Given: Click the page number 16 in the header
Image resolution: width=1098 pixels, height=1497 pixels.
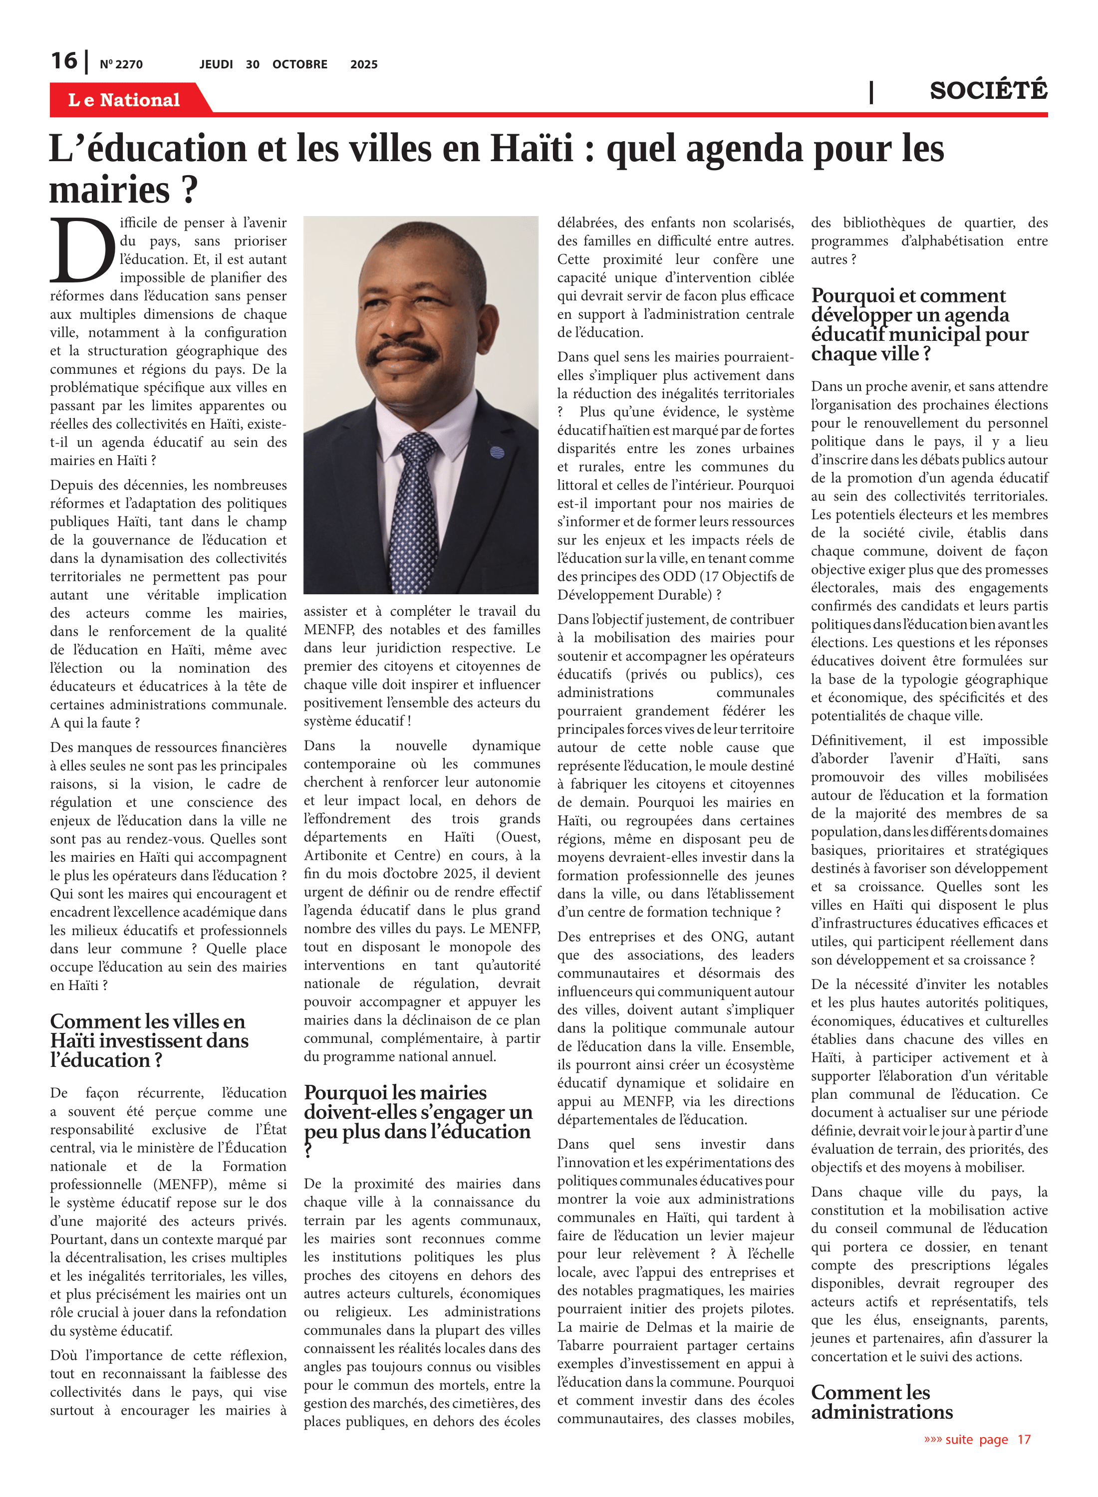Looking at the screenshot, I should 64,61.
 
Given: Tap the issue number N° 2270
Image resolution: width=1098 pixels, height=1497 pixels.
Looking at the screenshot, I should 121,64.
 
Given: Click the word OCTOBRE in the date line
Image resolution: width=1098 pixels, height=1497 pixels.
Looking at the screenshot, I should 300,64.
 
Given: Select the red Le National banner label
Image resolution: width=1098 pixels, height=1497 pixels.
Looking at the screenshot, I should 124,100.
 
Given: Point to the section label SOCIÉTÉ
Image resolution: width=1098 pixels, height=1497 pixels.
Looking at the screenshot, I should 988,90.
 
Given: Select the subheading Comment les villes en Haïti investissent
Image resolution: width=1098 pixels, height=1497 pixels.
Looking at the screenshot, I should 148,1040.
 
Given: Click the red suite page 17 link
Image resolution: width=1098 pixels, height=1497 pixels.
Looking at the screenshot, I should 977,1440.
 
